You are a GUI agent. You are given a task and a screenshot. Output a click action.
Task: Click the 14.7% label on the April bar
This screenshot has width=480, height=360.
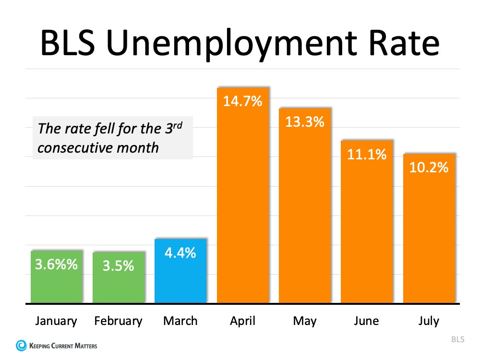243,101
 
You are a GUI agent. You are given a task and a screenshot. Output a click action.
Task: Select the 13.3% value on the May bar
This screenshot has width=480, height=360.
305,122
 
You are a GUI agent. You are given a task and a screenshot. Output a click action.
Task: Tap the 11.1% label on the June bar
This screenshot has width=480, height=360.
367,154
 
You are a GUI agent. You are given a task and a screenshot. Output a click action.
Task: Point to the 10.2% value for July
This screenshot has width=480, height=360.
429,168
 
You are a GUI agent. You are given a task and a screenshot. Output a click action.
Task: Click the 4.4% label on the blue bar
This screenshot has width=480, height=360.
180,252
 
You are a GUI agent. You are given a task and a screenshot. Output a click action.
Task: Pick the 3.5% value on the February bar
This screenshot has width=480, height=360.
118,265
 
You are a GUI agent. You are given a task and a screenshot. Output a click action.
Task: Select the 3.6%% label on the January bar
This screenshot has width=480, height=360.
56,264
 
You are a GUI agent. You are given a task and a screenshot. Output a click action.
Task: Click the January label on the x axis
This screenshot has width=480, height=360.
56,321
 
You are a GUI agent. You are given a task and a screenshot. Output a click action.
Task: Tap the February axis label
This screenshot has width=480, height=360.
118,321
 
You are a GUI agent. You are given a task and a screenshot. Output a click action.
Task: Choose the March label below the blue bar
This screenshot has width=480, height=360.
180,321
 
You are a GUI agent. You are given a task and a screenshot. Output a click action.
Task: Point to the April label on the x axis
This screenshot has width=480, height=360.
242,321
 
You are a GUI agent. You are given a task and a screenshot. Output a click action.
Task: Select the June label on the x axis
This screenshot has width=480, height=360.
367,321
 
